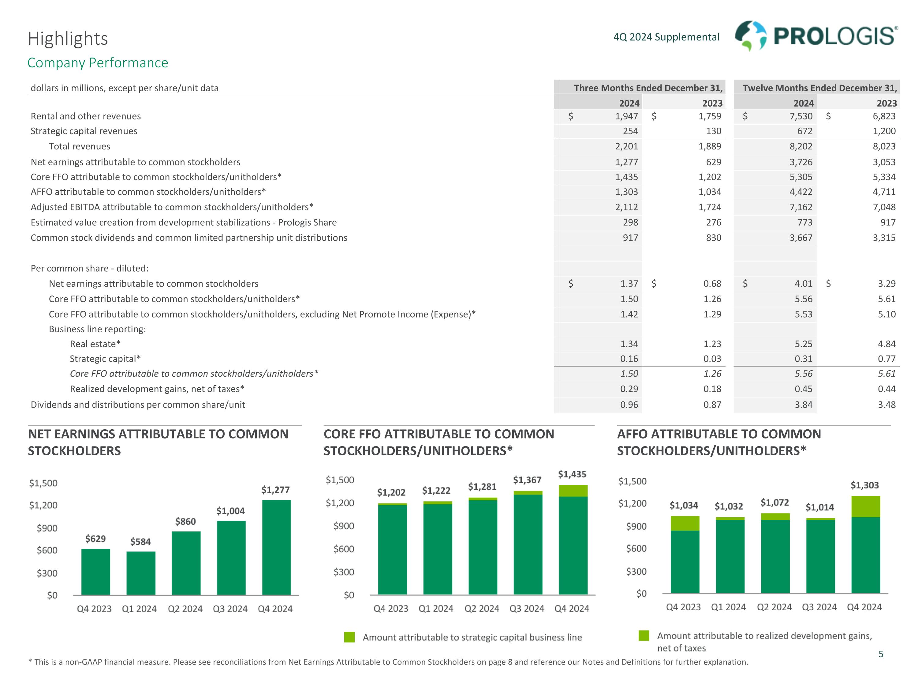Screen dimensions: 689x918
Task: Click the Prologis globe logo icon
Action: pyautogui.click(x=750, y=36)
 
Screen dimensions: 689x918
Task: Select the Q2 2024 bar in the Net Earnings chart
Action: pyautogui.click(x=186, y=563)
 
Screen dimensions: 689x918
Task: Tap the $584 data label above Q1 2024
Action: pyautogui.click(x=140, y=542)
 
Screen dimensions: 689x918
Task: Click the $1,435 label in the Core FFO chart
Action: pyautogui.click(x=572, y=474)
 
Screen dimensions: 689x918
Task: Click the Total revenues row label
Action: pyautogui.click(x=79, y=146)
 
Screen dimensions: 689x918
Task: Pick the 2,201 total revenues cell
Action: pyautogui.click(x=626, y=146)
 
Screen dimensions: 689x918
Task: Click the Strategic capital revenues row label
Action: pyautogui.click(x=84, y=131)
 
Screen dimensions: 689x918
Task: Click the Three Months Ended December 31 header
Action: pyautogui.click(x=648, y=88)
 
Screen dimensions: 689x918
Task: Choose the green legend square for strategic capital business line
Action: pyautogui.click(x=349, y=637)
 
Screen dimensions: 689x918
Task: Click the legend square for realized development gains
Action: pyautogui.click(x=644, y=635)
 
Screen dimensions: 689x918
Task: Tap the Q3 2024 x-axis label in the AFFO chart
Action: pyautogui.click(x=819, y=607)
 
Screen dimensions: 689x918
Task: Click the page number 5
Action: pyautogui.click(x=881, y=654)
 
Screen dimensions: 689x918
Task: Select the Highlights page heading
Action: pyautogui.click(x=68, y=39)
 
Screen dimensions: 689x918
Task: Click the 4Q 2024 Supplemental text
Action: pyautogui.click(x=666, y=37)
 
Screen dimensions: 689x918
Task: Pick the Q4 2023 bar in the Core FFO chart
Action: pyautogui.click(x=392, y=549)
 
